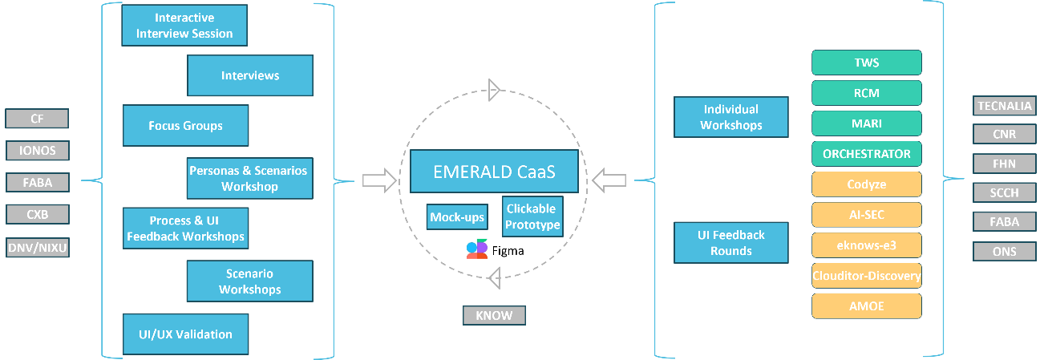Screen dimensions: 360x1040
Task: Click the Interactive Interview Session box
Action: click(x=184, y=26)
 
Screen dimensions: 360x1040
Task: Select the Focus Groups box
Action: click(x=185, y=126)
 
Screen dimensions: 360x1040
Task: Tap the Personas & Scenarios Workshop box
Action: click(x=249, y=178)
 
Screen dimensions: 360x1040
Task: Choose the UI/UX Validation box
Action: click(x=185, y=334)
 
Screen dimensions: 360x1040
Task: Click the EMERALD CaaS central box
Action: click(x=493, y=172)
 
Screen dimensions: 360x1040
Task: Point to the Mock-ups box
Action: click(x=456, y=216)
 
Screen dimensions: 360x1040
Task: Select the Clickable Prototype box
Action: click(x=532, y=216)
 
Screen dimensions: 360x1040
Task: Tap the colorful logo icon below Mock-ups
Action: click(x=477, y=249)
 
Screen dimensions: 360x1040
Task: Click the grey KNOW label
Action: click(x=494, y=315)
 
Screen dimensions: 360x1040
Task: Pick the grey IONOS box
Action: click(x=37, y=151)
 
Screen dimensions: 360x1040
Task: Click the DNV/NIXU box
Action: click(x=37, y=248)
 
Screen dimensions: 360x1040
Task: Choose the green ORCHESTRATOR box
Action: click(x=866, y=153)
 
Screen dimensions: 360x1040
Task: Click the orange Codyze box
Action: click(x=866, y=184)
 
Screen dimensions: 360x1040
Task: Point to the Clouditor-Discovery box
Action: click(x=866, y=276)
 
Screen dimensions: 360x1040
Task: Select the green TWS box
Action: click(x=866, y=63)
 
